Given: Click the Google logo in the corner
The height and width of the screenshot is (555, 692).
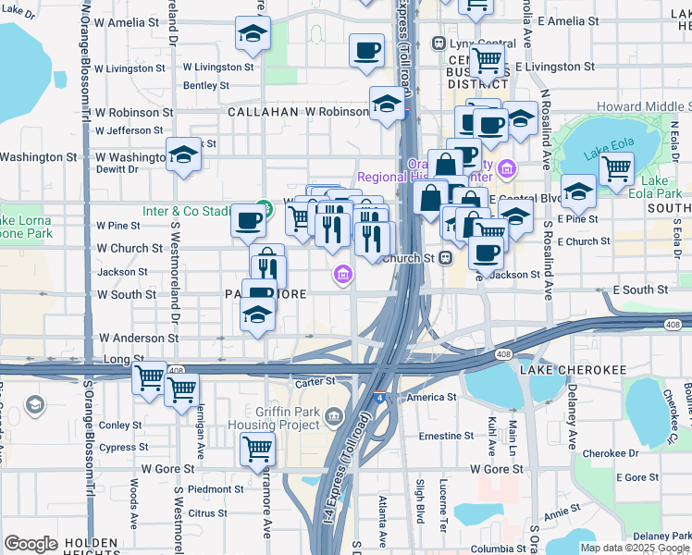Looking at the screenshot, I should [31, 544].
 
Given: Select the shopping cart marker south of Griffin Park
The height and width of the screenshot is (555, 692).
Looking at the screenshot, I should [258, 450].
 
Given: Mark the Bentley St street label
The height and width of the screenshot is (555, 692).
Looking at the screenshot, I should [206, 85].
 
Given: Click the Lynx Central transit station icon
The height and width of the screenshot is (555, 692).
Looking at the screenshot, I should [439, 44].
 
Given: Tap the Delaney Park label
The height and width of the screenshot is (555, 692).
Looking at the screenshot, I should [662, 535].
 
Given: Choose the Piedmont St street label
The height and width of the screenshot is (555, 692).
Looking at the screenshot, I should [215, 488].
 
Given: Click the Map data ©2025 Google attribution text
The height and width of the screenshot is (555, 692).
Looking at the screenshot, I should [634, 548].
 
